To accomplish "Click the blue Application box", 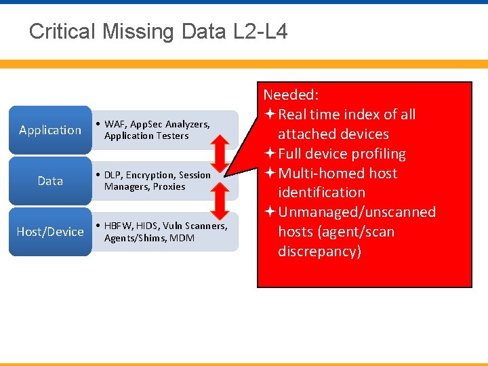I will pos(50,130).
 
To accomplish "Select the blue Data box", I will pos(50,181).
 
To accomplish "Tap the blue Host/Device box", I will pos(50,232).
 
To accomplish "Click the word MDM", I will pos(182,237).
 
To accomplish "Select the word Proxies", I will pos(169,186).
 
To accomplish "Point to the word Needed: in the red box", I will pos(291,94).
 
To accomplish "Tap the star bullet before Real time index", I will pos(270,115).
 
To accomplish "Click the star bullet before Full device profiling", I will pos(270,154).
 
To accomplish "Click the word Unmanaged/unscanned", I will pos(357,212).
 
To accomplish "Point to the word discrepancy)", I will pos(319,251).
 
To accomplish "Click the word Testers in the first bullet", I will pos(172,136).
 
